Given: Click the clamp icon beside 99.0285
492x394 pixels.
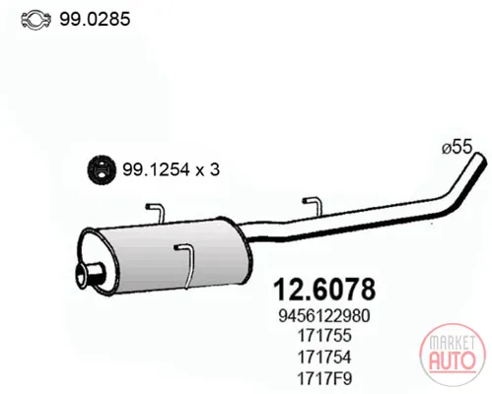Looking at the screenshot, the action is point(35,20).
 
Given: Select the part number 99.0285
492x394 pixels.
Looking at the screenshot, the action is point(95,19).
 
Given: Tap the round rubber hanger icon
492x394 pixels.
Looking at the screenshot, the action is point(102,169).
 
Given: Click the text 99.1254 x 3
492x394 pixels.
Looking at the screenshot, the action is point(171,169).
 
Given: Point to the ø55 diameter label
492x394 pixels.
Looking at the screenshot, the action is point(457,147).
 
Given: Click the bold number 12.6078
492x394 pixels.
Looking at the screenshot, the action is point(324,290).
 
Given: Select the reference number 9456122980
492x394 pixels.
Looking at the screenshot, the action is point(324,316).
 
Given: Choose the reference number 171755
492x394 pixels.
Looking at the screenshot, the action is point(324,336).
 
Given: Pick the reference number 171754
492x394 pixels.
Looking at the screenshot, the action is point(324,357).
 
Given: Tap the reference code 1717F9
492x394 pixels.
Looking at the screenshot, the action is point(324,378).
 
